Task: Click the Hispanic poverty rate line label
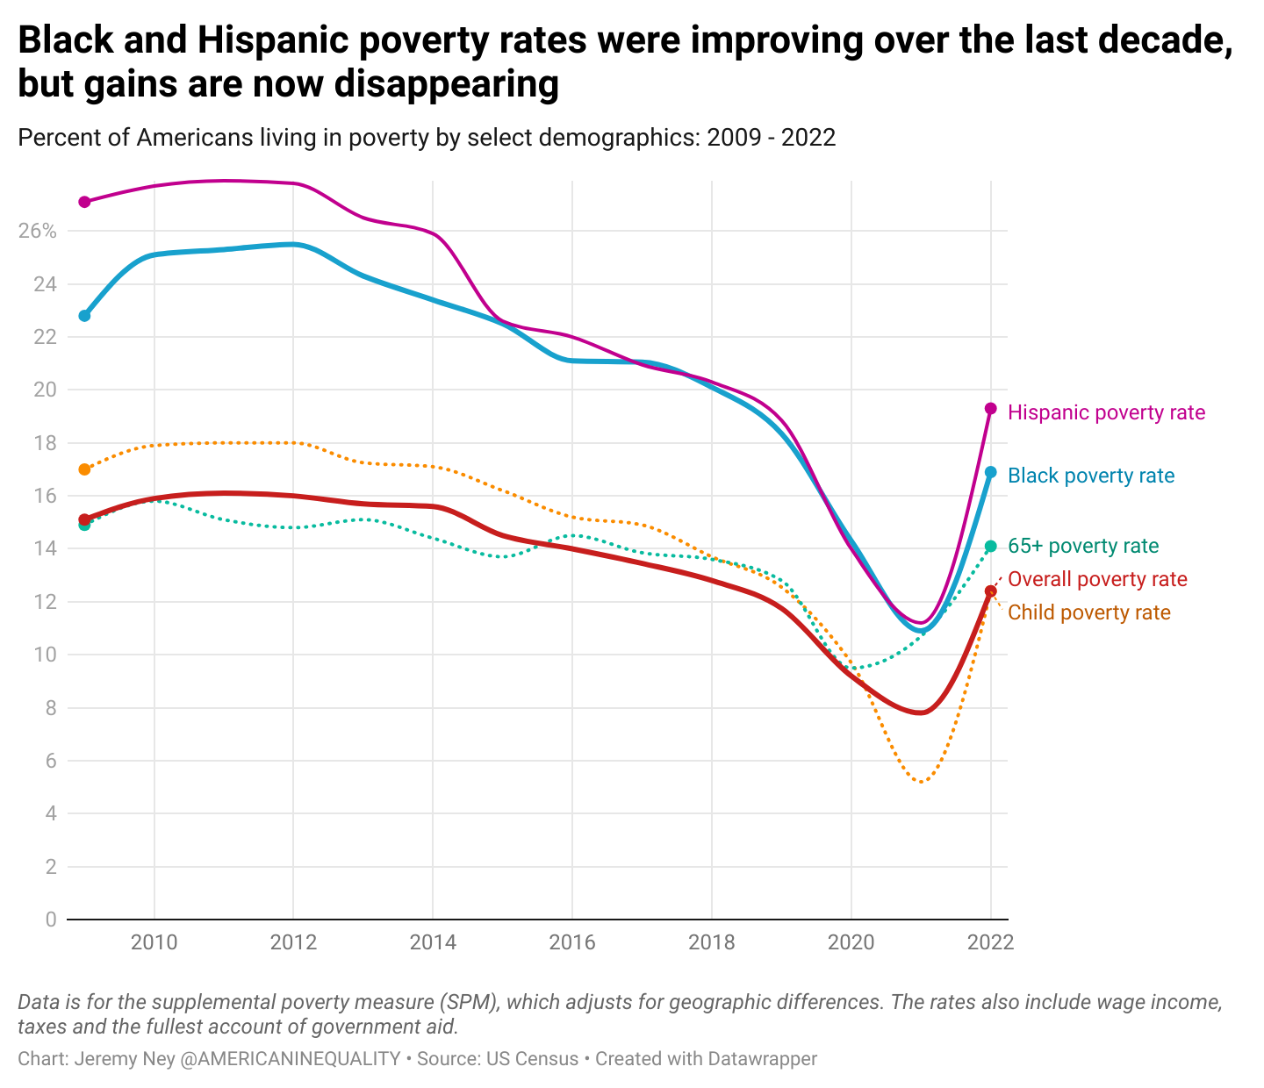point(1106,412)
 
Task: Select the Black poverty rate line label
point(1090,476)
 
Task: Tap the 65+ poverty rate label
point(1082,546)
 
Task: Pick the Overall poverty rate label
point(1096,579)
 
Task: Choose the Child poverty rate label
point(1088,612)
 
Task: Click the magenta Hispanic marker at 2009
point(84,202)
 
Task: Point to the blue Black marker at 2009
point(84,316)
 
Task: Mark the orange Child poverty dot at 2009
point(84,469)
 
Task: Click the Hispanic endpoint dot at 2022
point(991,408)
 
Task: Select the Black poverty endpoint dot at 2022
point(991,472)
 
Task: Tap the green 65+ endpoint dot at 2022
point(991,547)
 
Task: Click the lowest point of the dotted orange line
point(921,782)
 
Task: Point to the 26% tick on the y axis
point(37,232)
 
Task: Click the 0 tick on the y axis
point(50,920)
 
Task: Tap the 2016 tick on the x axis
point(572,943)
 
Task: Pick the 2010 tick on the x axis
point(154,943)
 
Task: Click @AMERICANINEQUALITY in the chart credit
point(290,1059)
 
